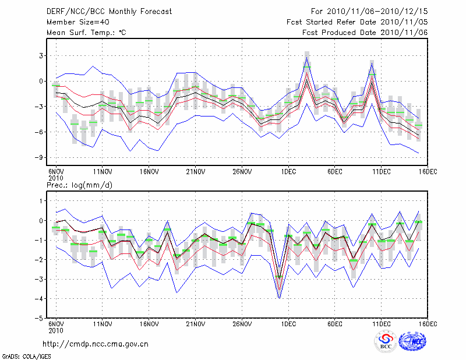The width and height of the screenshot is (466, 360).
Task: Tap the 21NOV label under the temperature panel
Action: coord(196,172)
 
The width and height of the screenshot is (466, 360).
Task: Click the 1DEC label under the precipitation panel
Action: coord(288,324)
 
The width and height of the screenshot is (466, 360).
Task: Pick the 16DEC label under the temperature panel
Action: coord(428,172)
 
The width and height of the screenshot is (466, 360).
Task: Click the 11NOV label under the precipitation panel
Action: coord(103,324)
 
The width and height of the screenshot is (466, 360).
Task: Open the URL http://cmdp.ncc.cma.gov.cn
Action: coord(96,344)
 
